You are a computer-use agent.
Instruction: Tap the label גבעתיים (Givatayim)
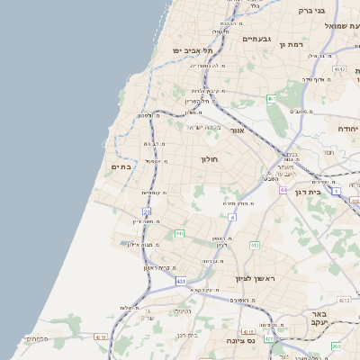point(256,39)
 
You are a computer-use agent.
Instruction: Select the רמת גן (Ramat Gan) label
point(294,43)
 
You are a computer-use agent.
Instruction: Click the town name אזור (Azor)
point(238,130)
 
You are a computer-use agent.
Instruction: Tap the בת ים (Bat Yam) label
point(121,166)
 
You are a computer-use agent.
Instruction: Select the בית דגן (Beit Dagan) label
point(307,192)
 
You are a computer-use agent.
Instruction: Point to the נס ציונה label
point(239,340)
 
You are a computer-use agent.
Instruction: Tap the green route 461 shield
point(271,99)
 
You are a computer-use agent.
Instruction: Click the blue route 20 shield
point(146,211)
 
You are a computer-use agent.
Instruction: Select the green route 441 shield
point(179,234)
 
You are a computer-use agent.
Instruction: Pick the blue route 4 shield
point(232,217)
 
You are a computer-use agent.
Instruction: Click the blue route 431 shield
point(181,282)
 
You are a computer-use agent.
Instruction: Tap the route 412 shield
point(254,244)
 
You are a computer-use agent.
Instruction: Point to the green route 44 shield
point(283,190)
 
